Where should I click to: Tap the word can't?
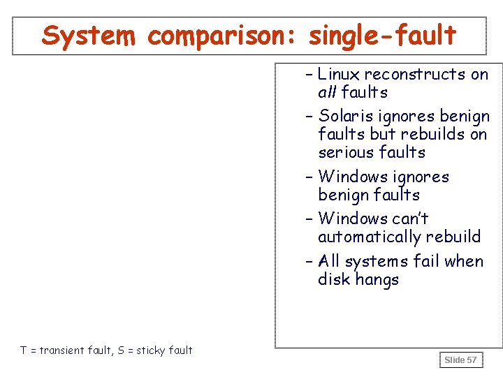pos(411,219)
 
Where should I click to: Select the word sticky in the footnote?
pos(152,350)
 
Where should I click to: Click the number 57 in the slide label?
pos(472,360)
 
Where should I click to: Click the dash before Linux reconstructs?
pos(309,74)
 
